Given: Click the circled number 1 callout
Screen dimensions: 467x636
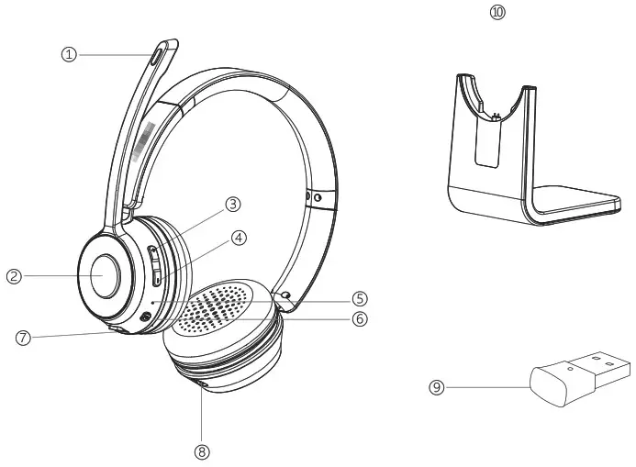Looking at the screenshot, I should click(68, 54).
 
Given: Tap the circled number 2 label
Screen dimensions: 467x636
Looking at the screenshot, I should click(15, 275).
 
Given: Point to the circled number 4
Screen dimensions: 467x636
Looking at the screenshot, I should click(240, 237).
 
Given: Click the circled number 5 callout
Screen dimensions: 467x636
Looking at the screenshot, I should click(360, 298).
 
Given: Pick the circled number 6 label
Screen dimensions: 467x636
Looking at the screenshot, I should click(360, 318).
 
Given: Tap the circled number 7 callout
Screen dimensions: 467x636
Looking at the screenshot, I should click(25, 337).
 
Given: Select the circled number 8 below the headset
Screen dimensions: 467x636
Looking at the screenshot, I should click(202, 451).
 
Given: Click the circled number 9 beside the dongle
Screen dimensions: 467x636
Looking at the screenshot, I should click(438, 387).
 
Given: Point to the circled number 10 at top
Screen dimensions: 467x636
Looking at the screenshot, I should click(497, 12).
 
